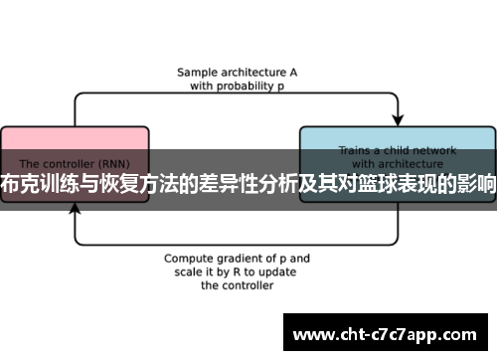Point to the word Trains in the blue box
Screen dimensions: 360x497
[x=356, y=151]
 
